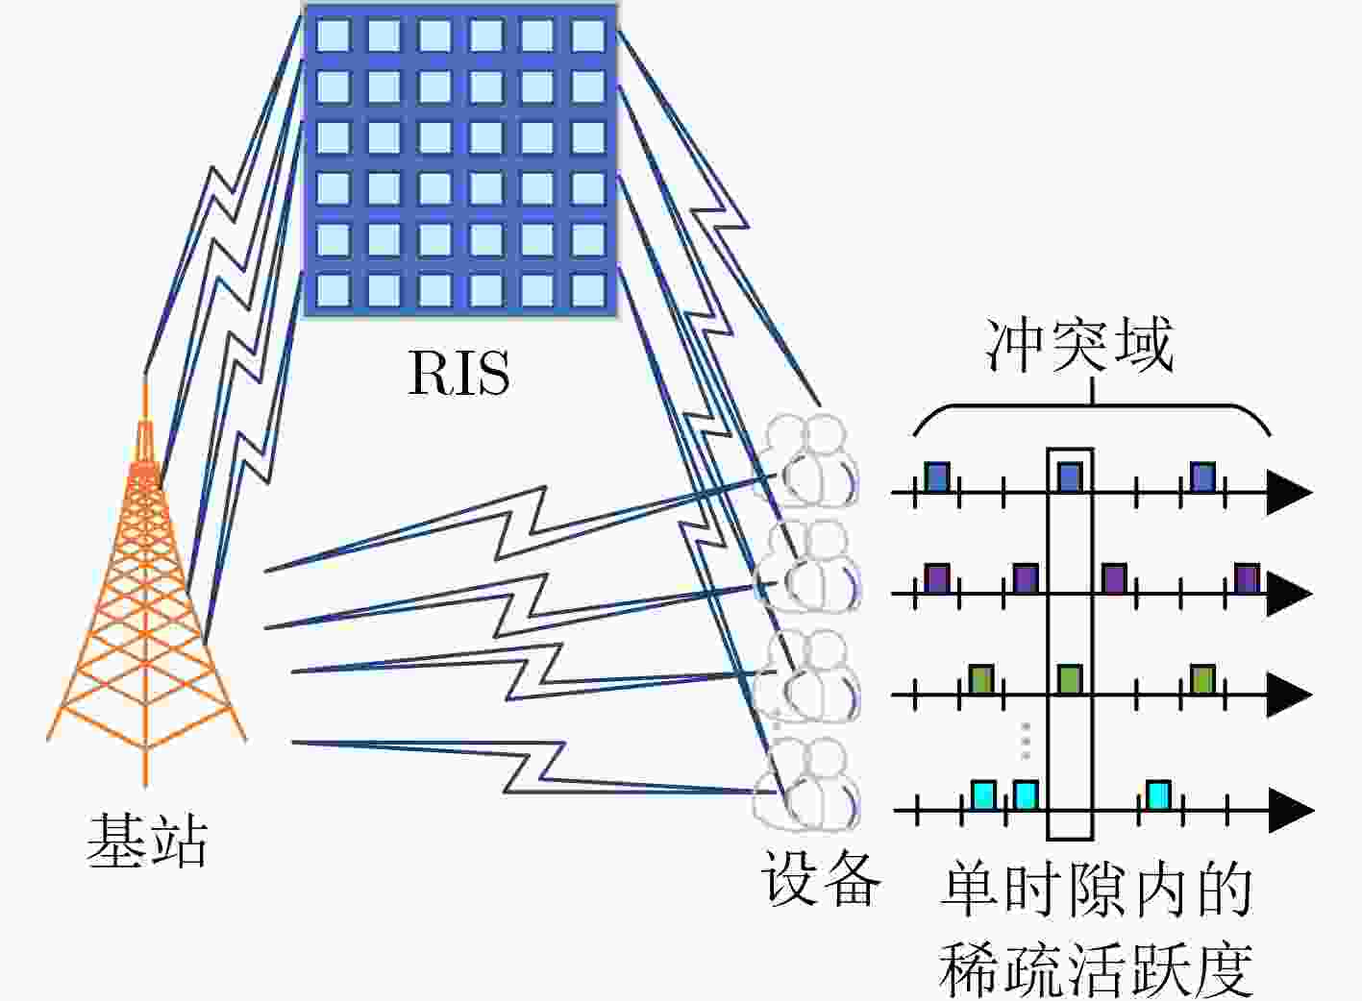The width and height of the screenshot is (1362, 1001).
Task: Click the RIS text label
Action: (x=459, y=372)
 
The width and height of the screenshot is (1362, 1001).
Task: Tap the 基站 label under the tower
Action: (x=148, y=841)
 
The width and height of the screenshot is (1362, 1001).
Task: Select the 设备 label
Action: (x=822, y=877)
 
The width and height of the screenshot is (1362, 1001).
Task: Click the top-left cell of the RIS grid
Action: (x=334, y=36)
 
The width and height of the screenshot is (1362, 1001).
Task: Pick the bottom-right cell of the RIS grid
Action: (x=588, y=290)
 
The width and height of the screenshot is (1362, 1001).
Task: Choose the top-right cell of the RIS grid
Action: (x=588, y=36)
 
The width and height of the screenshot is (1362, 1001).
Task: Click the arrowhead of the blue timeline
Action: (x=1289, y=492)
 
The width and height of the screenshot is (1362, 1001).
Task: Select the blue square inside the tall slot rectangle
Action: (x=1070, y=477)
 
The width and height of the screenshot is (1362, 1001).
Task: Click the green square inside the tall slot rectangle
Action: (x=1070, y=679)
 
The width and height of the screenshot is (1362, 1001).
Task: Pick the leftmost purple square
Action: (x=937, y=578)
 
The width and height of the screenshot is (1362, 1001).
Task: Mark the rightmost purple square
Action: (x=1247, y=578)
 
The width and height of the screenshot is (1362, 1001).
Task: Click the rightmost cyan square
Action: (x=1159, y=795)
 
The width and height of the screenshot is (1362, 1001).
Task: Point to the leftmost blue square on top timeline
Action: (x=937, y=477)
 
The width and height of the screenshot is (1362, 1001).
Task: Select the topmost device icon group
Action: (x=806, y=461)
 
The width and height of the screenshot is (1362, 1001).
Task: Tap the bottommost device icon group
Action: (x=806, y=784)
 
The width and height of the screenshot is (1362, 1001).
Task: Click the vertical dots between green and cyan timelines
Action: (x=1026, y=741)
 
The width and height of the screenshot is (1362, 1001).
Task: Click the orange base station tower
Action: (x=146, y=583)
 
